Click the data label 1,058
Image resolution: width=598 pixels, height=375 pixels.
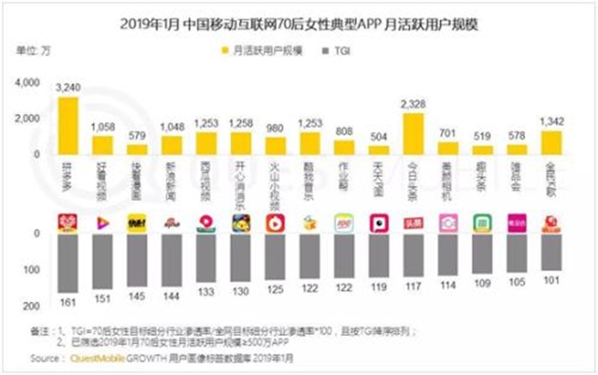pyautogui.click(x=103, y=126)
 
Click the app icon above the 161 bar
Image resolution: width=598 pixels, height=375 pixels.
pyautogui.click(x=68, y=223)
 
